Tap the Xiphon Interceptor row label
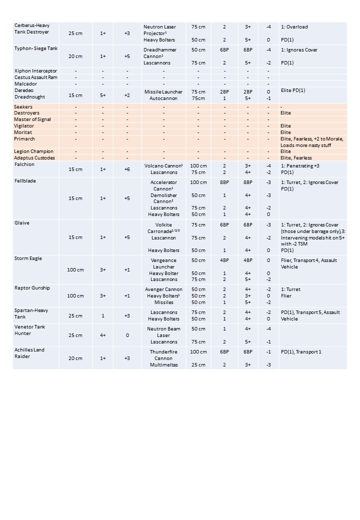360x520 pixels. click(35, 71)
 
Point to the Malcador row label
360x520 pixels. click(25, 84)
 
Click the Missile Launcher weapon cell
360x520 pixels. click(163, 92)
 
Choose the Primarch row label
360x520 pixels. click(25, 138)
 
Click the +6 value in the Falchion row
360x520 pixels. click(127, 169)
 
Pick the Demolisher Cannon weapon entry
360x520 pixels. click(163, 198)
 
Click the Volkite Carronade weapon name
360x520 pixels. click(163, 228)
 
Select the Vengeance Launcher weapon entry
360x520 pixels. click(163, 263)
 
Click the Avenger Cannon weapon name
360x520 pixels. click(163, 289)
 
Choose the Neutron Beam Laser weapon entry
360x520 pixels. click(163, 332)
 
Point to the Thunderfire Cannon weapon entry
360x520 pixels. click(163, 354)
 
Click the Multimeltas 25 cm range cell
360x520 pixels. click(198, 365)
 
